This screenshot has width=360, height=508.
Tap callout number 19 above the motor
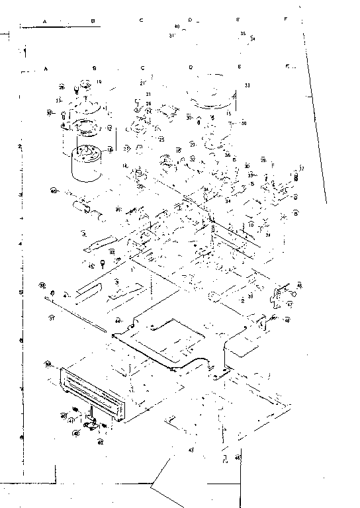[x=99, y=82]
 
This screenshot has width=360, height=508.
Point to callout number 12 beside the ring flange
[x=109, y=128]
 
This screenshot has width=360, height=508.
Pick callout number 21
[x=142, y=83]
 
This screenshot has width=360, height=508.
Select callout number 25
[x=161, y=140]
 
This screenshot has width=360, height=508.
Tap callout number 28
[x=61, y=87]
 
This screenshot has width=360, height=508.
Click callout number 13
[x=59, y=100]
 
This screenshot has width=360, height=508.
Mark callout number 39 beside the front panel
[x=48, y=364]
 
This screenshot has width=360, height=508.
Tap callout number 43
[x=191, y=450]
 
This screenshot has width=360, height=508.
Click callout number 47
[x=289, y=306]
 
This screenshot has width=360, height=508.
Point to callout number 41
[x=71, y=419]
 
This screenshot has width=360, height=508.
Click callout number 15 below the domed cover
[x=228, y=114]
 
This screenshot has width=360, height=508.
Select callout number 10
[x=251, y=225]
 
